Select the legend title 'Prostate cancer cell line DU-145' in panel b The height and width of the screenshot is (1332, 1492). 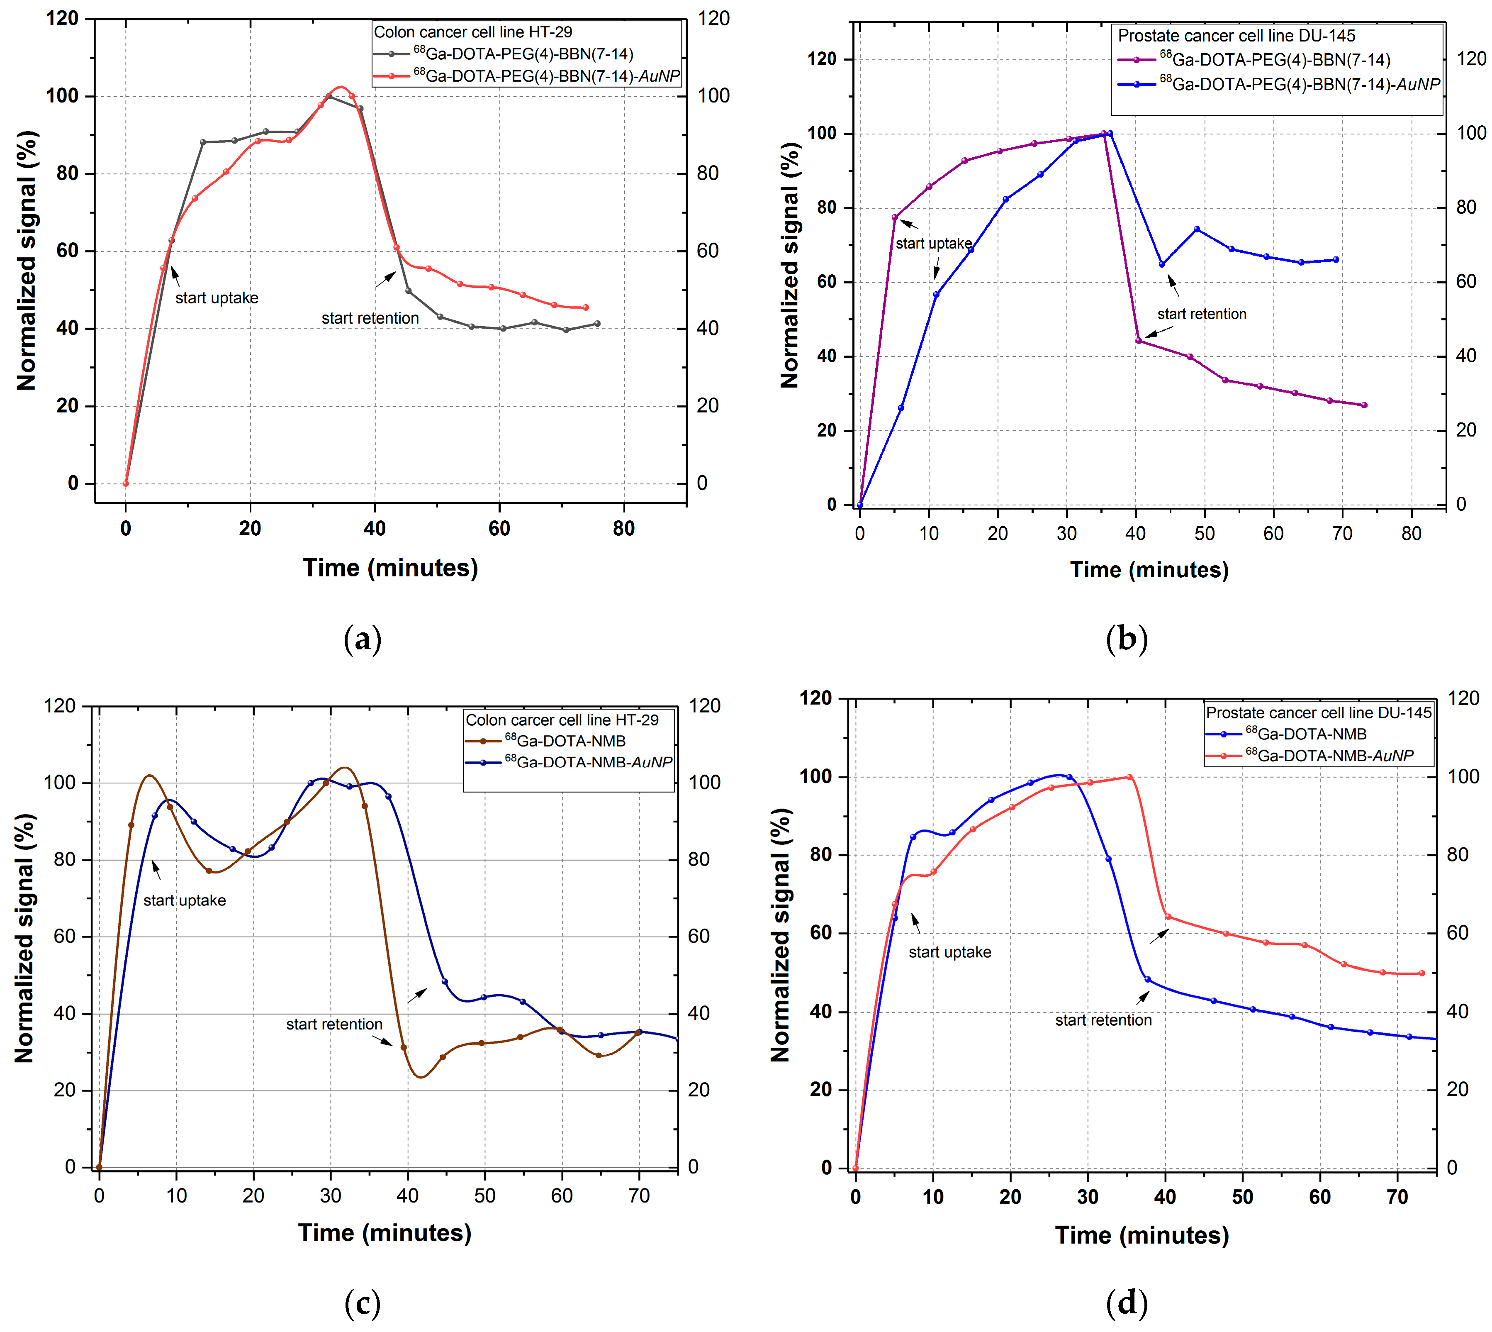(x=1236, y=35)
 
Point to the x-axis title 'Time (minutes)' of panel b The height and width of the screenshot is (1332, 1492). (x=1149, y=569)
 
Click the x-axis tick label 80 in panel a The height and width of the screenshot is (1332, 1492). (x=623, y=528)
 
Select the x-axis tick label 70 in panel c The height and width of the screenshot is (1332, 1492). (x=639, y=1196)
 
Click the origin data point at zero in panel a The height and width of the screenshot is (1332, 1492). (x=126, y=483)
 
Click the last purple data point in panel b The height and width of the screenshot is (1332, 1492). (x=1364, y=405)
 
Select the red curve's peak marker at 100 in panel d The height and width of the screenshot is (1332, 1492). (x=1129, y=776)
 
